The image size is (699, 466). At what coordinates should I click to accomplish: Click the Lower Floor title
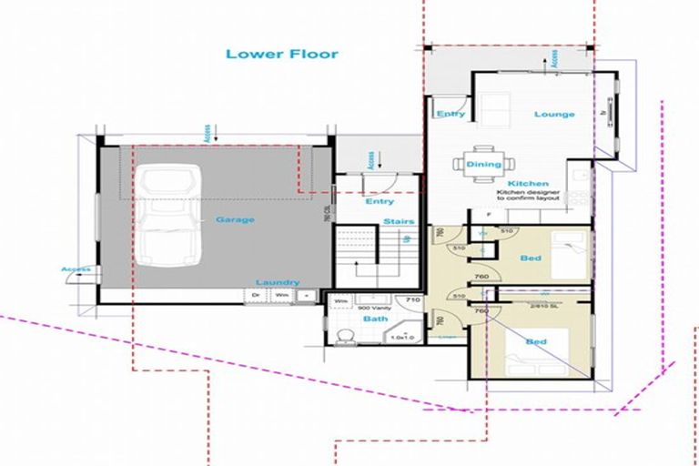pyautogui.click(x=282, y=54)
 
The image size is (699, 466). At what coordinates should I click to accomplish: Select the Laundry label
pyautogui.click(x=278, y=282)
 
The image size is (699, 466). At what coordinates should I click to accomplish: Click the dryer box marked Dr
pyautogui.click(x=256, y=295)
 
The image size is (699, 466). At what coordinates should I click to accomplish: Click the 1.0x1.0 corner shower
pyautogui.click(x=401, y=331)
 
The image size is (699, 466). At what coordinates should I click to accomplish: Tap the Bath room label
pyautogui.click(x=349, y=319)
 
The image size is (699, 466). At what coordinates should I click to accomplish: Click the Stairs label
pyautogui.click(x=399, y=221)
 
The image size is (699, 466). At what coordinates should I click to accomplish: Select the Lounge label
pyautogui.click(x=554, y=115)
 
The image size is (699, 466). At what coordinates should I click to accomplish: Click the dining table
pyautogui.click(x=484, y=164)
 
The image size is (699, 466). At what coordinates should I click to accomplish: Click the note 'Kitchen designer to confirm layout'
pyautogui.click(x=531, y=198)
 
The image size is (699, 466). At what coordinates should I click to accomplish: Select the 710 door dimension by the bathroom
pyautogui.click(x=411, y=299)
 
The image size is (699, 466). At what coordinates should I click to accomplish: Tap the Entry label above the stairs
pyautogui.click(x=380, y=201)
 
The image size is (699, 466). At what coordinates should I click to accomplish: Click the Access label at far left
pyautogui.click(x=76, y=269)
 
